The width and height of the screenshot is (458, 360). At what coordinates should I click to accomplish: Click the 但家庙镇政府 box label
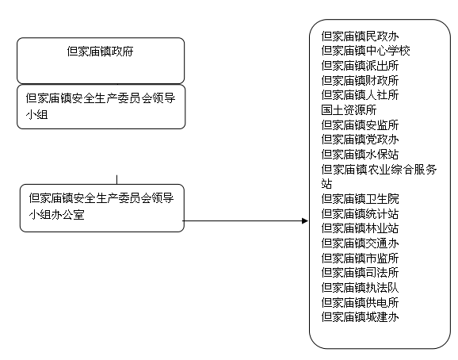(100, 51)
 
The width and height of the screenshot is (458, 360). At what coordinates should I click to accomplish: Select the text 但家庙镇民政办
(360, 36)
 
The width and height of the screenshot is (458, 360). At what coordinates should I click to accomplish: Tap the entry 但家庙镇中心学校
(366, 51)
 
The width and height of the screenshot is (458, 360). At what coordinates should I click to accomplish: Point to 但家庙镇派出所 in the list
(360, 66)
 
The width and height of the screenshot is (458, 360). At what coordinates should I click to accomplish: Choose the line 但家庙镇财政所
(360, 80)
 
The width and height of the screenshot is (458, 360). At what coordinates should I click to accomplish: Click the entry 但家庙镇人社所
(360, 95)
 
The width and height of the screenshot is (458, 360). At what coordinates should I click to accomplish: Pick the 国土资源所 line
(349, 110)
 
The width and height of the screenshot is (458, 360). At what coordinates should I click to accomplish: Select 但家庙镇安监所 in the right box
(360, 125)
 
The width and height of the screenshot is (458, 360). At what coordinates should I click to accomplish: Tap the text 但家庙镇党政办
(360, 140)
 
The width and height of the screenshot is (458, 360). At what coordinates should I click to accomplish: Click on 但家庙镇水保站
(360, 155)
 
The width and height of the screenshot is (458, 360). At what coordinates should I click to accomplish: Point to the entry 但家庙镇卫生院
(360, 199)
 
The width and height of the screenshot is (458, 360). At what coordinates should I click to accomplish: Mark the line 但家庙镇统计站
(360, 214)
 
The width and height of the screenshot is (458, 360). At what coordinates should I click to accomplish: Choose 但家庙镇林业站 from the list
(360, 228)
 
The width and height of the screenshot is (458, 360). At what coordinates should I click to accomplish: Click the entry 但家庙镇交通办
(360, 243)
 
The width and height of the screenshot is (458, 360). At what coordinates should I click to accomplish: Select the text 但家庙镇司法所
(360, 273)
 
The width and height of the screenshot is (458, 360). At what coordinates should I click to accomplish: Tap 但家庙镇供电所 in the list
(360, 303)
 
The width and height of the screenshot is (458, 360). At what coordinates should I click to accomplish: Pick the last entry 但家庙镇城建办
(360, 317)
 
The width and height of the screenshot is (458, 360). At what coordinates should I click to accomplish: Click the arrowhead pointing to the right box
(305, 221)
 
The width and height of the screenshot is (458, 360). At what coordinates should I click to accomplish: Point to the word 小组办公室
(57, 215)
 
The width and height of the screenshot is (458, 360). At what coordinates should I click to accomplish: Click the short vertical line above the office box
(116, 180)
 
